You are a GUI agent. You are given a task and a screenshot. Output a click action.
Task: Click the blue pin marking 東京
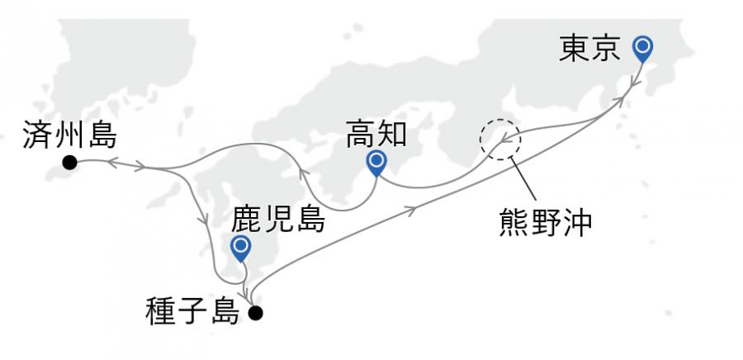coord(642,49)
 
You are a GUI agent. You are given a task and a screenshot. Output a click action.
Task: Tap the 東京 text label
coord(589,50)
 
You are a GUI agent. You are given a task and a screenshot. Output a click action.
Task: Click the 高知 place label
coord(376,134)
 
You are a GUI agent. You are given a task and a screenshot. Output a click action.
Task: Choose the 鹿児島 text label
coord(279,220)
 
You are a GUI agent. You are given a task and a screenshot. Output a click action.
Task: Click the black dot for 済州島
coord(69,163)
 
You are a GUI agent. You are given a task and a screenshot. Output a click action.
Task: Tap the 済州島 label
coord(69,135)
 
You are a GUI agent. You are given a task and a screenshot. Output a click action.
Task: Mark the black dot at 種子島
coord(255,313)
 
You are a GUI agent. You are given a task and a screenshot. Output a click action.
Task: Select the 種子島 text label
coord(193,312)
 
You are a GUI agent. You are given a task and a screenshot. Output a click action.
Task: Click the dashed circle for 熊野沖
coord(500,140)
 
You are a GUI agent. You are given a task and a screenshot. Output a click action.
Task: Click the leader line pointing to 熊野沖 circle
coord(523,179)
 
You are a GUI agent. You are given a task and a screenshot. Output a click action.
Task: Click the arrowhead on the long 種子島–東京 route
coord(412,210)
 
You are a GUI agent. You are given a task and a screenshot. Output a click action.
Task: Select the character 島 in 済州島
coord(102,135)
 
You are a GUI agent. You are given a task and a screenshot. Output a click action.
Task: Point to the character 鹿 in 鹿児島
coord(246,220)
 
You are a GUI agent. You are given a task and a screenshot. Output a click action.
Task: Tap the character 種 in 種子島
coord(160,312)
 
